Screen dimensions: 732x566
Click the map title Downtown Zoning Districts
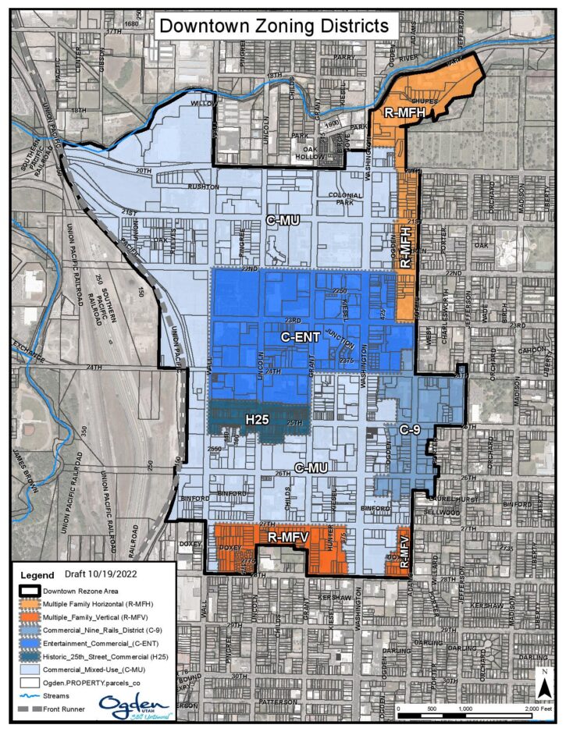[273, 25]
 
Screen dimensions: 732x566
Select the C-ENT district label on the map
[301, 338]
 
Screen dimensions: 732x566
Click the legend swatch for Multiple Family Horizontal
[30, 603]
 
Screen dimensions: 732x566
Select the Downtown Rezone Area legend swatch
[30, 590]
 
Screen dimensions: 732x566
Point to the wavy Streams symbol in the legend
[30, 694]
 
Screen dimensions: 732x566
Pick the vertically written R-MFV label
[404, 554]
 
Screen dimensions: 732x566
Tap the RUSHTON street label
[201, 187]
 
